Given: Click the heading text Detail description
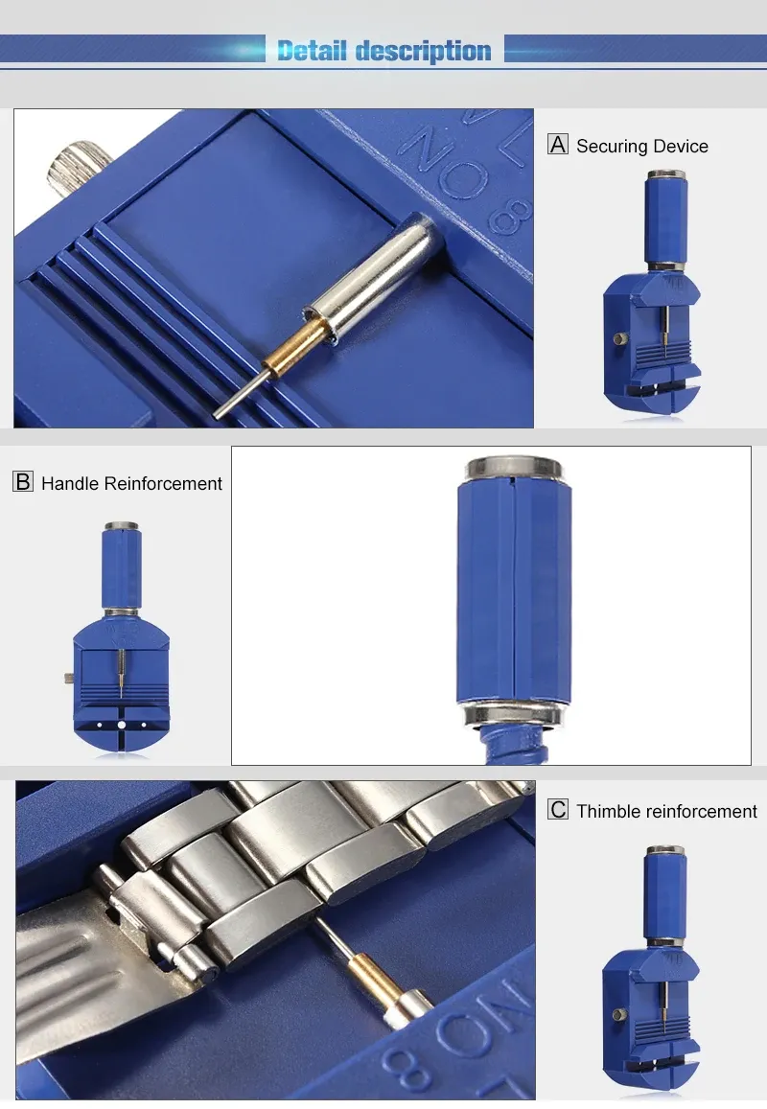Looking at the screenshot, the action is click(383, 51).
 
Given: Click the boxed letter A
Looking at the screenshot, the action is click(558, 145).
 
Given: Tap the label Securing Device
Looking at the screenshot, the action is click(641, 147).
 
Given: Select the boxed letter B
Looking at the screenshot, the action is click(23, 481).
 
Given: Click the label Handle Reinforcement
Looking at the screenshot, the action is click(131, 484).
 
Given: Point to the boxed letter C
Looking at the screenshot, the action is click(558, 809).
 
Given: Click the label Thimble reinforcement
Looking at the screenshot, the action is click(666, 811).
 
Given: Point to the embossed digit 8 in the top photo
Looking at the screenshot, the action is click(512, 216).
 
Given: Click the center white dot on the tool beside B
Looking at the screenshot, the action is click(122, 725).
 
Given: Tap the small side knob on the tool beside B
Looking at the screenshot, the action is click(69, 679).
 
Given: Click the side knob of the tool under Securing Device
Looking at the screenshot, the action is click(618, 339).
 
